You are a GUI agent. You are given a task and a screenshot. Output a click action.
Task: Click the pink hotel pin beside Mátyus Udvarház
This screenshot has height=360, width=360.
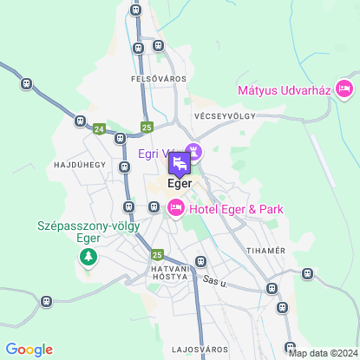click(x=344, y=88)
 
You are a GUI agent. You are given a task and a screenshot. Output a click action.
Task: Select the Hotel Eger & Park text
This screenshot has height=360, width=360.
click(x=235, y=209)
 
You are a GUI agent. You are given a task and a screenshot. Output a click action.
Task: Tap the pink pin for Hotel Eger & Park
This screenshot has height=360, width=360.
click(x=175, y=206)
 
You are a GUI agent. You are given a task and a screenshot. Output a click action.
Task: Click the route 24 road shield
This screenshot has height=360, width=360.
click(x=100, y=129)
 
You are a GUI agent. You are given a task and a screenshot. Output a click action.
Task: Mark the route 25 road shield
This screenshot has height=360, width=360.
click(x=156, y=255)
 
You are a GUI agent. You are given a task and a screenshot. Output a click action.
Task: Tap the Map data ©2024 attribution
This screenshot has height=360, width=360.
click(x=324, y=353)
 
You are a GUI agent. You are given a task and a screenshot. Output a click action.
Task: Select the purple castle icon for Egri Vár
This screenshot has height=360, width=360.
click(x=194, y=153)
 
